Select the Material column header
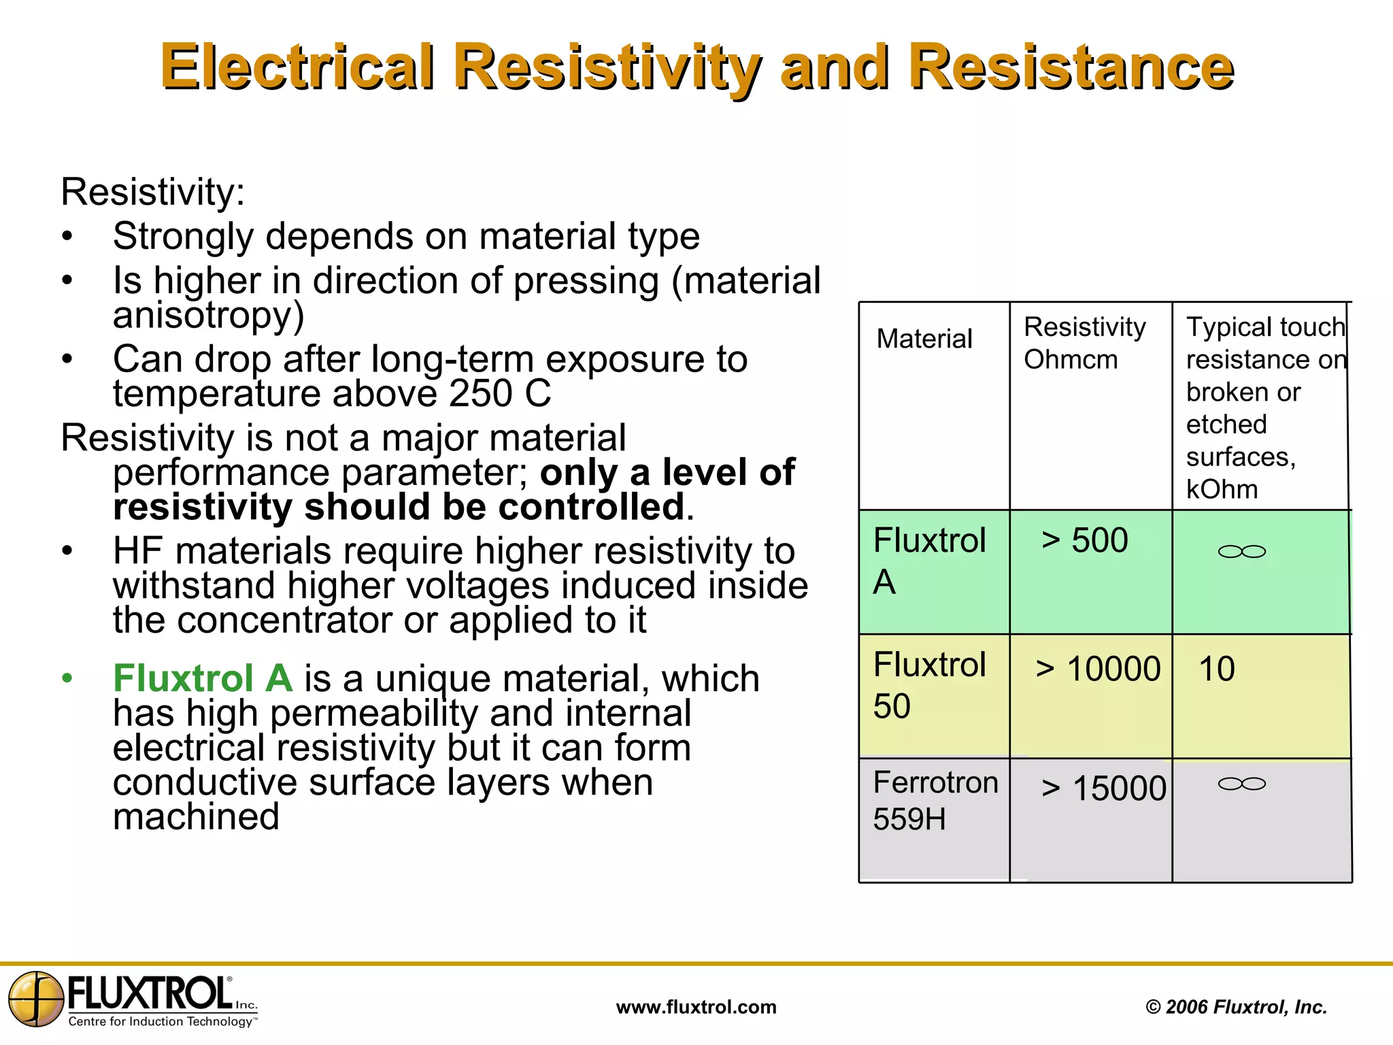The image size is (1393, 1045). pyautogui.click(x=924, y=339)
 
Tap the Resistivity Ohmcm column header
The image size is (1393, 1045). pyautogui.click(x=1084, y=343)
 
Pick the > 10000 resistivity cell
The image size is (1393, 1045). pyautogui.click(x=1097, y=669)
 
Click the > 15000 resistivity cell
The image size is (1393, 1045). pyautogui.click(x=1103, y=789)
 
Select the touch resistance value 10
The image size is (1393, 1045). pyautogui.click(x=1216, y=669)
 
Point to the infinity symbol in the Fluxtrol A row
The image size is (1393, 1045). pyautogui.click(x=1241, y=551)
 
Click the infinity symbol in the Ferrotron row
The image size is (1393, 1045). pyautogui.click(x=1241, y=784)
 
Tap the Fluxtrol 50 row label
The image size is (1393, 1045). pyautogui.click(x=929, y=685)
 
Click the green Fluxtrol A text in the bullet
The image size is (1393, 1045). pyautogui.click(x=203, y=678)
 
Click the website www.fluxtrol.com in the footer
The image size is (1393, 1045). pyautogui.click(x=696, y=1007)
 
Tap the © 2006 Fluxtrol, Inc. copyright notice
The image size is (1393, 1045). pyautogui.click(x=1236, y=1007)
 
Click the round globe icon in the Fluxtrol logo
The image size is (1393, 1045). pyautogui.click(x=36, y=998)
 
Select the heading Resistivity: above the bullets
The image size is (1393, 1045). pyautogui.click(x=152, y=192)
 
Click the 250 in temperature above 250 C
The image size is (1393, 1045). pyautogui.click(x=480, y=393)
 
